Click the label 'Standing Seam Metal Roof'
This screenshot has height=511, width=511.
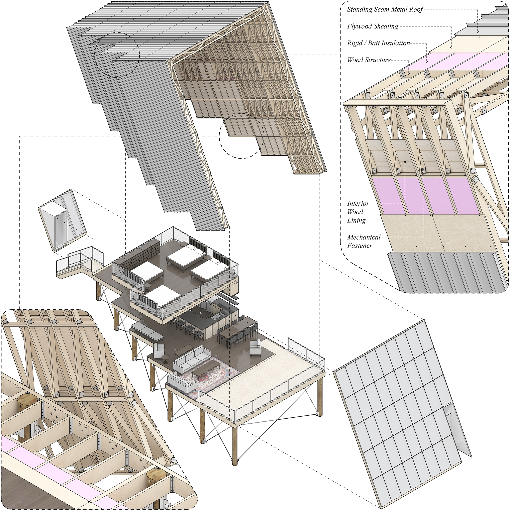385,10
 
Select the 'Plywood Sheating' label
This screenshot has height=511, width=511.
372,26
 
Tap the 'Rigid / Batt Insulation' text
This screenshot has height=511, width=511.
378,43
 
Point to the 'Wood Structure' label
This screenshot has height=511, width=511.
369,60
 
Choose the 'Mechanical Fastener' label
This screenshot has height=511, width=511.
364,241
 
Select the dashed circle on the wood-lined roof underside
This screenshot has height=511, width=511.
241,136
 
